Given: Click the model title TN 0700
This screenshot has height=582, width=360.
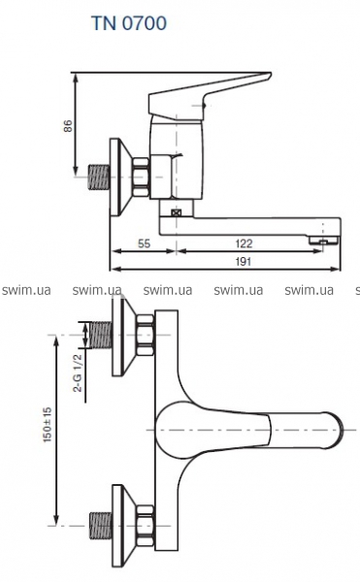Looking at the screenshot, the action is coord(129,23).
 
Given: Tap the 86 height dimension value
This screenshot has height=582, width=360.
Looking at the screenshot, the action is coord(68,126).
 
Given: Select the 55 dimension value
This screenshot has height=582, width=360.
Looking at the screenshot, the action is coord(144,243).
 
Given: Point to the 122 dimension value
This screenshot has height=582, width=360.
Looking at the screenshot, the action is coord(244,243).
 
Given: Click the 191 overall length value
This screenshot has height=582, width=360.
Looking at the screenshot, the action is coord(244,262).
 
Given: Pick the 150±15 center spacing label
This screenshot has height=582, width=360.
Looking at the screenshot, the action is coord(48,425).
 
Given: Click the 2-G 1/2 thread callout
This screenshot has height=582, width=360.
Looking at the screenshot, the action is coord(78,372).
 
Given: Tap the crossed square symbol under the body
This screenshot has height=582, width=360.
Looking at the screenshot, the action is coord(176,212).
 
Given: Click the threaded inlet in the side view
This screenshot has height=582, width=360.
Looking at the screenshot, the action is coord(99,178).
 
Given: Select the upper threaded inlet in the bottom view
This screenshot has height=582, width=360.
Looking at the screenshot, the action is coord(101,336).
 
